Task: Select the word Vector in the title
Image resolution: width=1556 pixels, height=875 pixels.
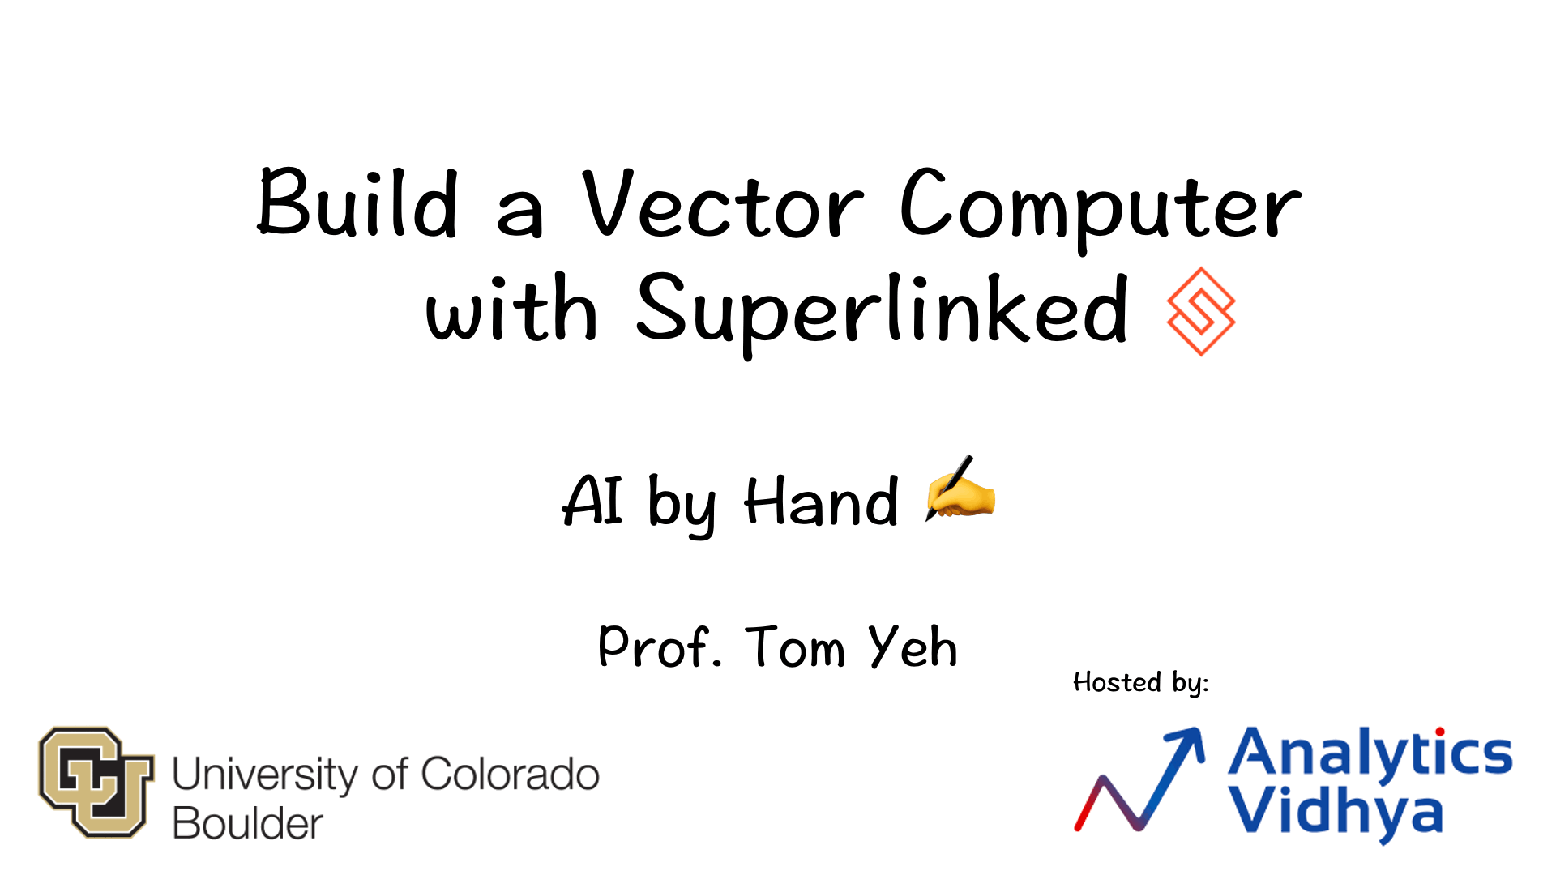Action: click(x=722, y=205)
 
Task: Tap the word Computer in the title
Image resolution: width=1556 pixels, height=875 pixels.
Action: click(x=1101, y=207)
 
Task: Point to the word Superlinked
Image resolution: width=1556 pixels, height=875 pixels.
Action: click(x=882, y=312)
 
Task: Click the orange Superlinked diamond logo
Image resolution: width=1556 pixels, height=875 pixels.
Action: click(x=1201, y=312)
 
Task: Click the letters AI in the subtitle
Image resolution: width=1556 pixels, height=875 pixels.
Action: click(x=592, y=501)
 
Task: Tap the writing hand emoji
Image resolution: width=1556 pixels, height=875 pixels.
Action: click(x=960, y=489)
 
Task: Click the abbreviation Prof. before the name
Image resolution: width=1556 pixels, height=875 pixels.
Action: click(x=659, y=647)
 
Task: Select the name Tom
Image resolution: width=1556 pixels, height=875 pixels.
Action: click(x=795, y=647)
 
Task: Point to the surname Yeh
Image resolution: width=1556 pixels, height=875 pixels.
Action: click(x=913, y=647)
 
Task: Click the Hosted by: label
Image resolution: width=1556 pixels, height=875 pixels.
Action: click(x=1140, y=682)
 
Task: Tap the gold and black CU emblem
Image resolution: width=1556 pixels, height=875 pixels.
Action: click(x=96, y=781)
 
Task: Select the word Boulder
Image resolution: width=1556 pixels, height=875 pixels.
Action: click(x=248, y=824)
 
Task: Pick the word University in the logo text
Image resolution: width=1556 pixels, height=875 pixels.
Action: click(x=264, y=775)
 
